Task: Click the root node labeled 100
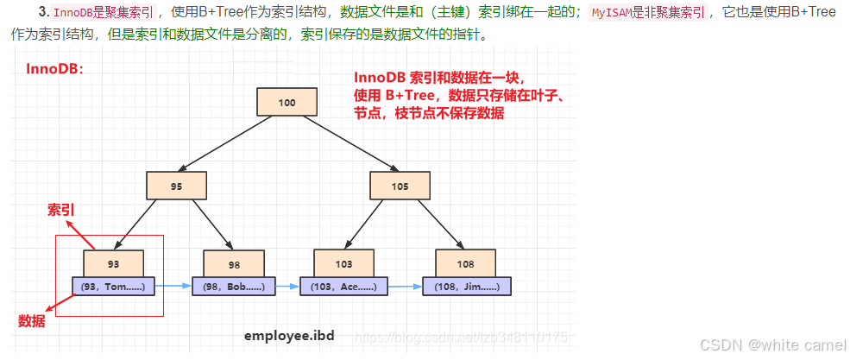click(287, 103)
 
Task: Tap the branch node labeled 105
click(399, 186)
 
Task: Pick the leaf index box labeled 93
click(114, 262)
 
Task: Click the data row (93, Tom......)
click(114, 286)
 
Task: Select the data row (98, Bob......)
click(233, 286)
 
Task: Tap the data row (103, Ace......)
click(343, 286)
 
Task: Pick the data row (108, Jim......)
click(466, 286)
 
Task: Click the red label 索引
click(60, 210)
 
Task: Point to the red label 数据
click(31, 321)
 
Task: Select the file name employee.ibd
click(288, 335)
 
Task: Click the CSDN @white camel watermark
click(772, 344)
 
